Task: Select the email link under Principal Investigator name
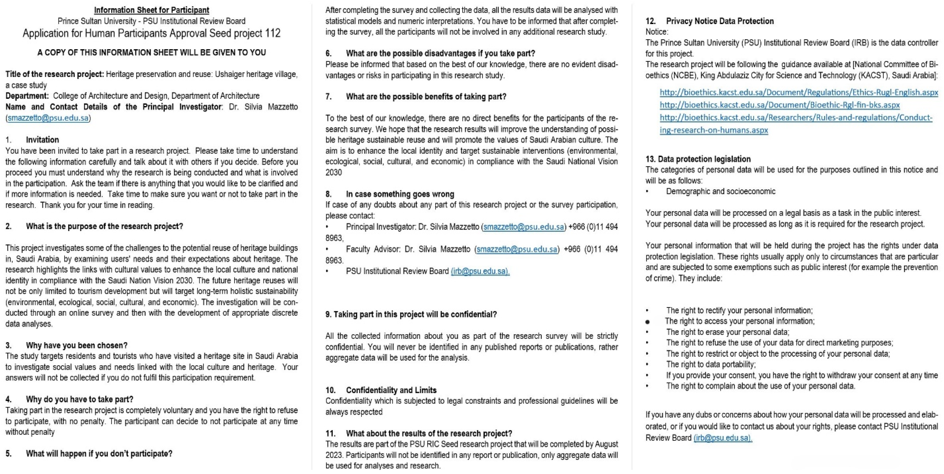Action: pos(48,118)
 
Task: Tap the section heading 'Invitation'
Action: pos(42,140)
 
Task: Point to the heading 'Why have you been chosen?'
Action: pos(76,345)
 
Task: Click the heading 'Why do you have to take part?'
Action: pos(79,399)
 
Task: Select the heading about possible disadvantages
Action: pos(440,54)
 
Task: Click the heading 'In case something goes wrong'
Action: pos(400,194)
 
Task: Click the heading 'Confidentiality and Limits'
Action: pos(391,390)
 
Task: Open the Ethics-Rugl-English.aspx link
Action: pos(799,92)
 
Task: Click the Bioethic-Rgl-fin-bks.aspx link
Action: pos(779,105)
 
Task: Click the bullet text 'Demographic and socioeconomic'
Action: pos(721,191)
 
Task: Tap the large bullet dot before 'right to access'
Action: pos(648,322)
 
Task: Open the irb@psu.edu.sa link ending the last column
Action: pos(723,438)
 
